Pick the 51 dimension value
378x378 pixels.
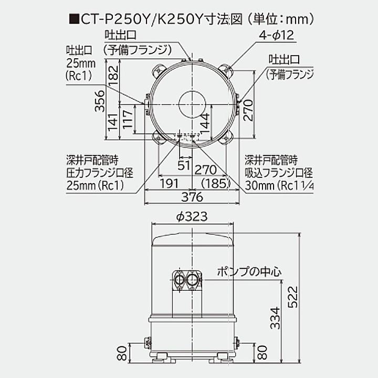(x=184, y=166)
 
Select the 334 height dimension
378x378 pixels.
(x=275, y=317)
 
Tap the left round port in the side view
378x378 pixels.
(x=180, y=279)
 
